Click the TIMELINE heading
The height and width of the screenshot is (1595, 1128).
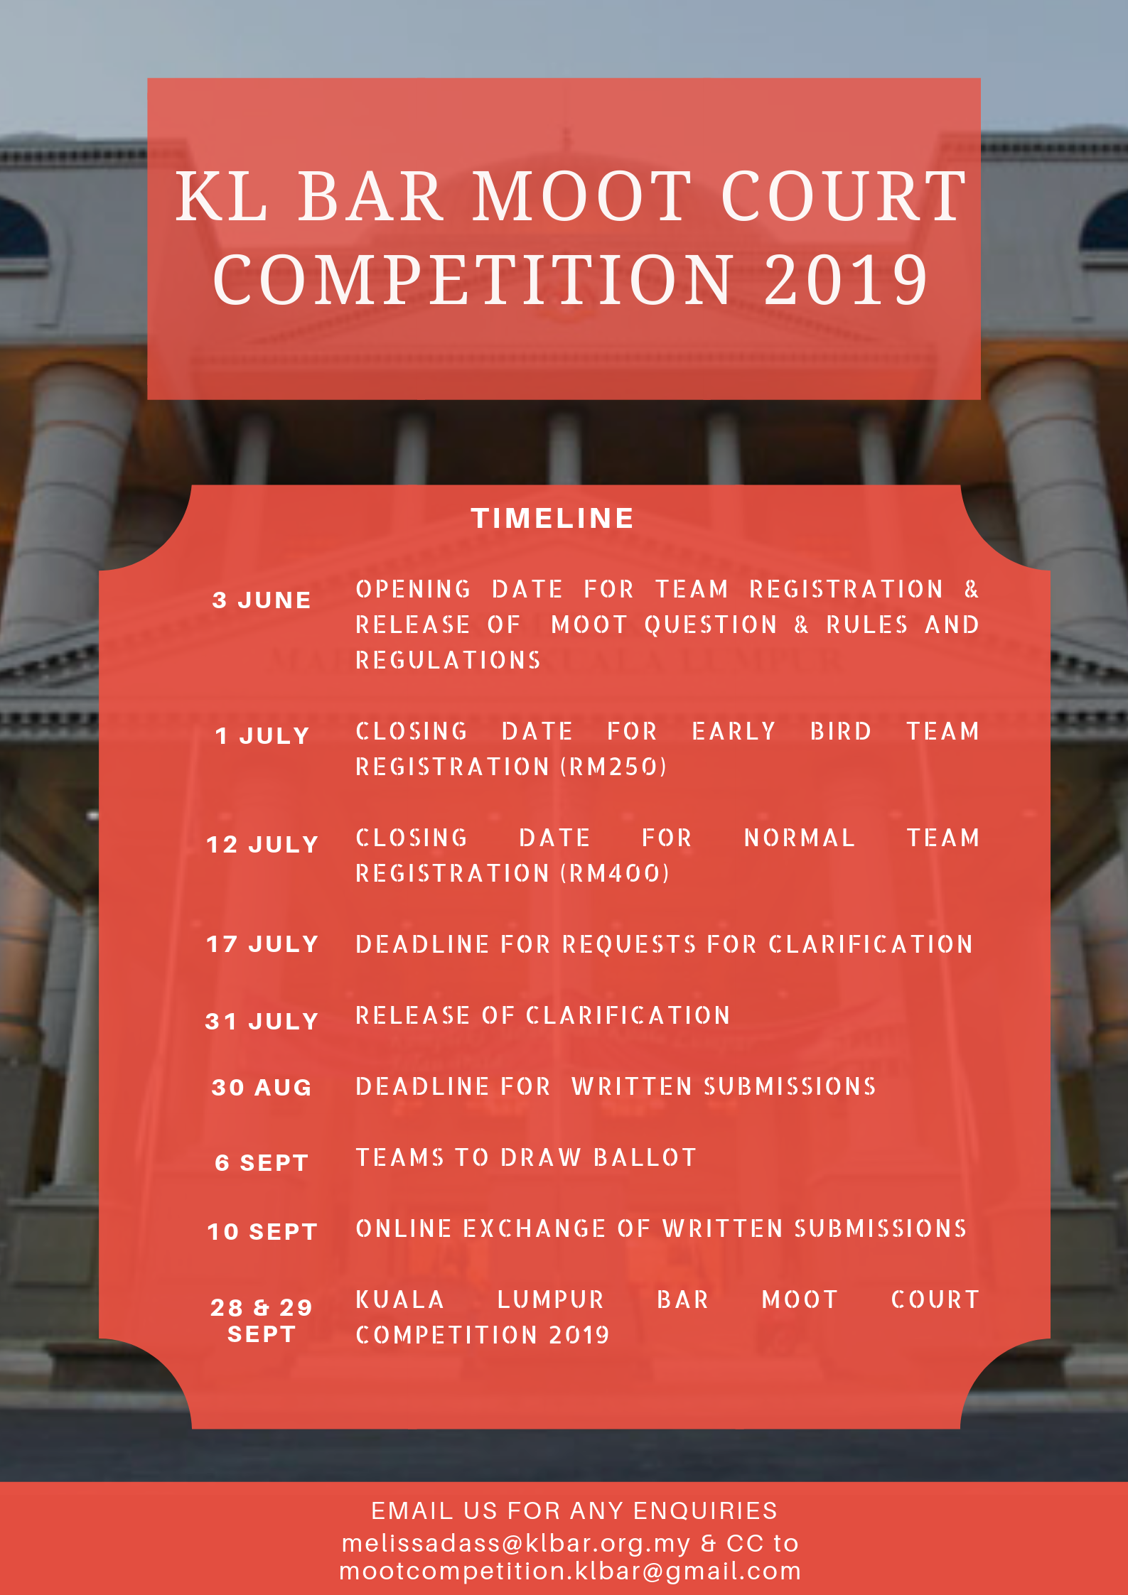click(x=552, y=518)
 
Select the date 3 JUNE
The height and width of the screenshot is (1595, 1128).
click(x=262, y=600)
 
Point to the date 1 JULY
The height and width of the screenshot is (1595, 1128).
click(x=262, y=735)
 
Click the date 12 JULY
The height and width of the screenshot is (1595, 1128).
click(x=262, y=844)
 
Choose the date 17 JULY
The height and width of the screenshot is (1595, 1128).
click(x=262, y=944)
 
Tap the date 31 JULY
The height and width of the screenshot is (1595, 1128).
click(x=262, y=1021)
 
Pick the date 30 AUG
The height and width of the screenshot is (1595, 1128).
click(x=262, y=1087)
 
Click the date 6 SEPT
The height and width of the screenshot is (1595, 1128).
click(x=262, y=1162)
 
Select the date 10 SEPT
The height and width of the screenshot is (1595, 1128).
click(x=262, y=1231)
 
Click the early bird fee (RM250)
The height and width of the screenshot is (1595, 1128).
click(x=614, y=767)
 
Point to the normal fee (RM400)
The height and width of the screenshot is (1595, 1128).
click(x=616, y=873)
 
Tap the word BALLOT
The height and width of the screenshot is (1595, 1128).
click(x=645, y=1157)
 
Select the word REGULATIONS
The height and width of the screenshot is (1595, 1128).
click(x=448, y=660)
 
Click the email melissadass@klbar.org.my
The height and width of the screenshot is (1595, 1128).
click(x=516, y=1543)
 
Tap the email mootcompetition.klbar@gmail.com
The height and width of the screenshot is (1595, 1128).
click(x=571, y=1571)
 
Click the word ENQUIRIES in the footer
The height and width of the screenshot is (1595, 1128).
click(x=705, y=1510)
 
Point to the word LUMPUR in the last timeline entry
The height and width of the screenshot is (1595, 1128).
click(x=551, y=1299)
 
